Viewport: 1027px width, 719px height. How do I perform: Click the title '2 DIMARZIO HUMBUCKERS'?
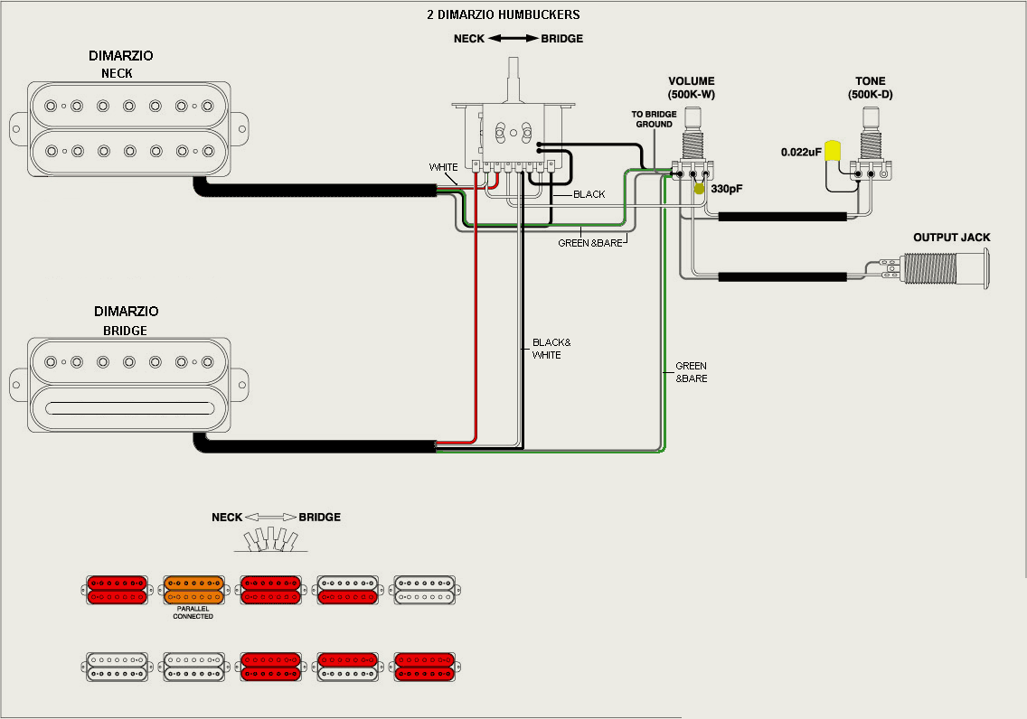503,14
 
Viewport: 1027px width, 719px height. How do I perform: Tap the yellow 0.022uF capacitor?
833,151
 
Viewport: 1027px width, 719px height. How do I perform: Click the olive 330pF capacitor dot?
699,189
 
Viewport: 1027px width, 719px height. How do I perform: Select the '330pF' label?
726,189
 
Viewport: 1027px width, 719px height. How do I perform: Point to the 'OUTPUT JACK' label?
952,238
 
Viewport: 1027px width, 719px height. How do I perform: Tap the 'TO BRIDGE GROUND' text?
654,119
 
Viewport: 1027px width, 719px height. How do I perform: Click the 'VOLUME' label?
691,81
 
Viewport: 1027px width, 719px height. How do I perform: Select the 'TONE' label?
870,81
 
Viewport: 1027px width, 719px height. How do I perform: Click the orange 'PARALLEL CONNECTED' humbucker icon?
193,590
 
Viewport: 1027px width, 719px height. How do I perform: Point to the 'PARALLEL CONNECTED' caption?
193,612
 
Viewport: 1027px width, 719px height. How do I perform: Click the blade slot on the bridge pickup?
129,408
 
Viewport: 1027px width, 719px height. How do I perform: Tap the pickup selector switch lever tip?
513,61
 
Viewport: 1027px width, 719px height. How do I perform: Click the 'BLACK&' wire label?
551,343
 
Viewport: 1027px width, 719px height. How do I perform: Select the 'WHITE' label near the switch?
443,167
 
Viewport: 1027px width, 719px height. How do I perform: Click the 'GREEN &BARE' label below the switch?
590,243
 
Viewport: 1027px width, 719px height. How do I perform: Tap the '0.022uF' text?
800,153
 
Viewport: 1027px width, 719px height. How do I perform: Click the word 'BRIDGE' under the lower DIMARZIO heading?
125,331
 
